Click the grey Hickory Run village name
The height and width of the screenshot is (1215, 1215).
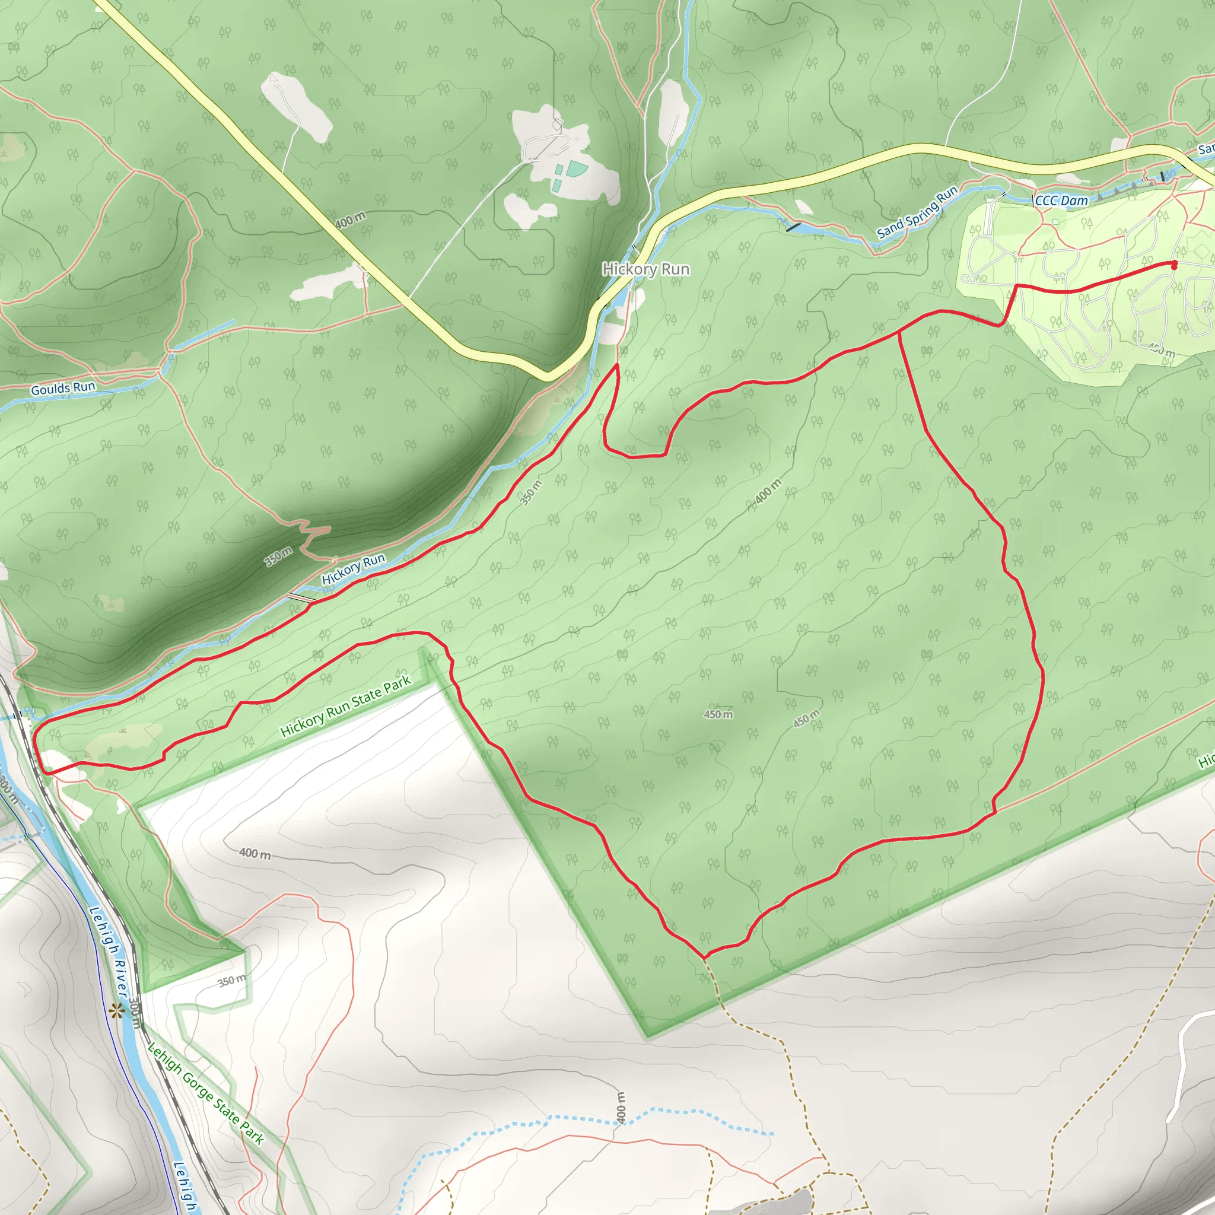point(646,269)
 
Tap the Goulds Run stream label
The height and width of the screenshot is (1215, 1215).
point(63,388)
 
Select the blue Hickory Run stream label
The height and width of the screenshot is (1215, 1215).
point(353,568)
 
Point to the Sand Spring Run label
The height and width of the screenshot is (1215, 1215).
point(917,212)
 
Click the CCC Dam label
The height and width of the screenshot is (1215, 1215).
point(1061,201)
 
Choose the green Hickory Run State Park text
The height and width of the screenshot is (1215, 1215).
point(345,705)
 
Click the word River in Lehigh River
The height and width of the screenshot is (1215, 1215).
point(122,978)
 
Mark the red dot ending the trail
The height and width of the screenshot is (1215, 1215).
point(1173,265)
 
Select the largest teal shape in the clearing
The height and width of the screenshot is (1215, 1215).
point(576,168)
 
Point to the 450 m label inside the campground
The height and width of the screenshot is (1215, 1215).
point(1161,349)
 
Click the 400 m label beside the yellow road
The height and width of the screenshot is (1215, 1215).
point(349,220)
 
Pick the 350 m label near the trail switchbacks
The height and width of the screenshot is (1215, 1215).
point(278,556)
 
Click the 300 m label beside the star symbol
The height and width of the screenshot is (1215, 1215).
point(135,1014)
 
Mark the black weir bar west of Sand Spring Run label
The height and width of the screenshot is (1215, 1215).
point(794,227)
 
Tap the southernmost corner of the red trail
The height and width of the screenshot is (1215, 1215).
point(705,956)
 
